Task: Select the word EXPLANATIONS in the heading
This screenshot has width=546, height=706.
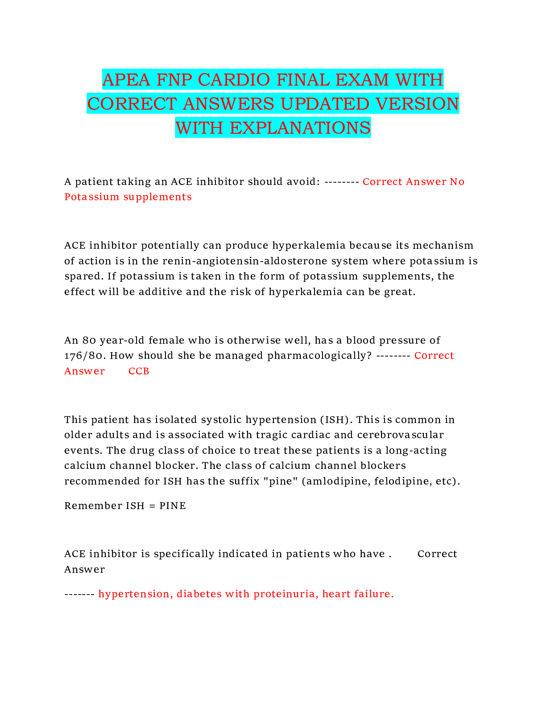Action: pyautogui.click(x=300, y=128)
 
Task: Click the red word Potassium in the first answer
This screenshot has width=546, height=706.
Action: pyautogui.click(x=92, y=197)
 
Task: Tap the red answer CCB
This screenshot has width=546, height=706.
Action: pyautogui.click(x=139, y=371)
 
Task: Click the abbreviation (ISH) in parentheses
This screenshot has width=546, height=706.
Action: pyautogui.click(x=336, y=420)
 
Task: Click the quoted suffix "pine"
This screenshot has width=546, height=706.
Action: pyautogui.click(x=280, y=481)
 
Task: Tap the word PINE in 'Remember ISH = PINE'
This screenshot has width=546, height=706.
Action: pyautogui.click(x=172, y=506)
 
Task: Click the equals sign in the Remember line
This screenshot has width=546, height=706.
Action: pyautogui.click(x=152, y=506)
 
